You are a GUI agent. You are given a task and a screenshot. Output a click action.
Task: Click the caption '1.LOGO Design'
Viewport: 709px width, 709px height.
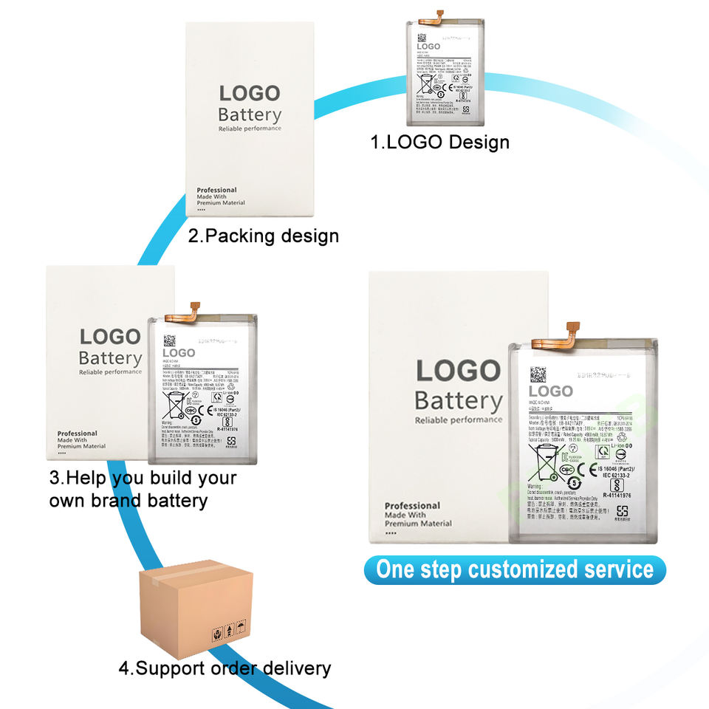point(439,141)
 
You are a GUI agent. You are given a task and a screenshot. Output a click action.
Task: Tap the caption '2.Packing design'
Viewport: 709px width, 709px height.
point(263,236)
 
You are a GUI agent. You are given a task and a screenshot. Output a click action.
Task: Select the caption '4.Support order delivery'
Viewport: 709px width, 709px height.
point(225,669)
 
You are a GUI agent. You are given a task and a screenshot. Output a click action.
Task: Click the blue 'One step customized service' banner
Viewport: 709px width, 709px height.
point(515,570)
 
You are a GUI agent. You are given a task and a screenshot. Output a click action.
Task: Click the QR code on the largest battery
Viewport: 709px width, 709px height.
point(538,374)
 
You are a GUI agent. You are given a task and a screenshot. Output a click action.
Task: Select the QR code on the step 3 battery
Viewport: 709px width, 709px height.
point(169,340)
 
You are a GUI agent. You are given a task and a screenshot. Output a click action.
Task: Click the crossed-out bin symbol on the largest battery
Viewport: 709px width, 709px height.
point(547,464)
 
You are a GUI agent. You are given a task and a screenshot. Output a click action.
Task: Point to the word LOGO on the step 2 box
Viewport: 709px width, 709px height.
point(250,94)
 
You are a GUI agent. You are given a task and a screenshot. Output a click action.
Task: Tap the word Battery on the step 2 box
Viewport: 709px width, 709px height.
point(250,115)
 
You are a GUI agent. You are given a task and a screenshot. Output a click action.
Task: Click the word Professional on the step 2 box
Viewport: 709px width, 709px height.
point(216,191)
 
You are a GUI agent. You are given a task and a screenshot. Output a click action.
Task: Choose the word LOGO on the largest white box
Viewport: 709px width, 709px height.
point(458,371)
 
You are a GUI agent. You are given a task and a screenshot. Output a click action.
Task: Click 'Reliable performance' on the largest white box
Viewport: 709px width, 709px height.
point(458,420)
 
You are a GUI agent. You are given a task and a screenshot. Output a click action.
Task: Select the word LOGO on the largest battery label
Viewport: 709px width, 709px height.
point(550,391)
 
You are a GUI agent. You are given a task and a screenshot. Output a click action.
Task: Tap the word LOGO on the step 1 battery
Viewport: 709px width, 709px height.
point(428,47)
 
